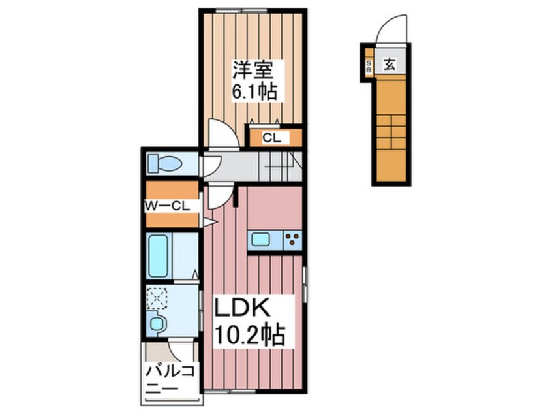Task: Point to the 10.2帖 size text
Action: coord(251,336)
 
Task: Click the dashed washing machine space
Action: coord(157,298)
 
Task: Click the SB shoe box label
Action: coord(369,65)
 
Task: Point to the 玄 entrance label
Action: coord(389,65)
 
